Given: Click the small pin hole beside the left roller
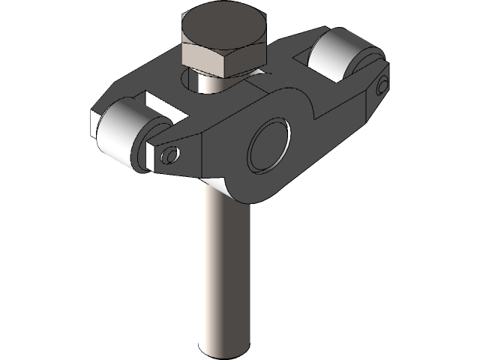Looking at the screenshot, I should [170, 155].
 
